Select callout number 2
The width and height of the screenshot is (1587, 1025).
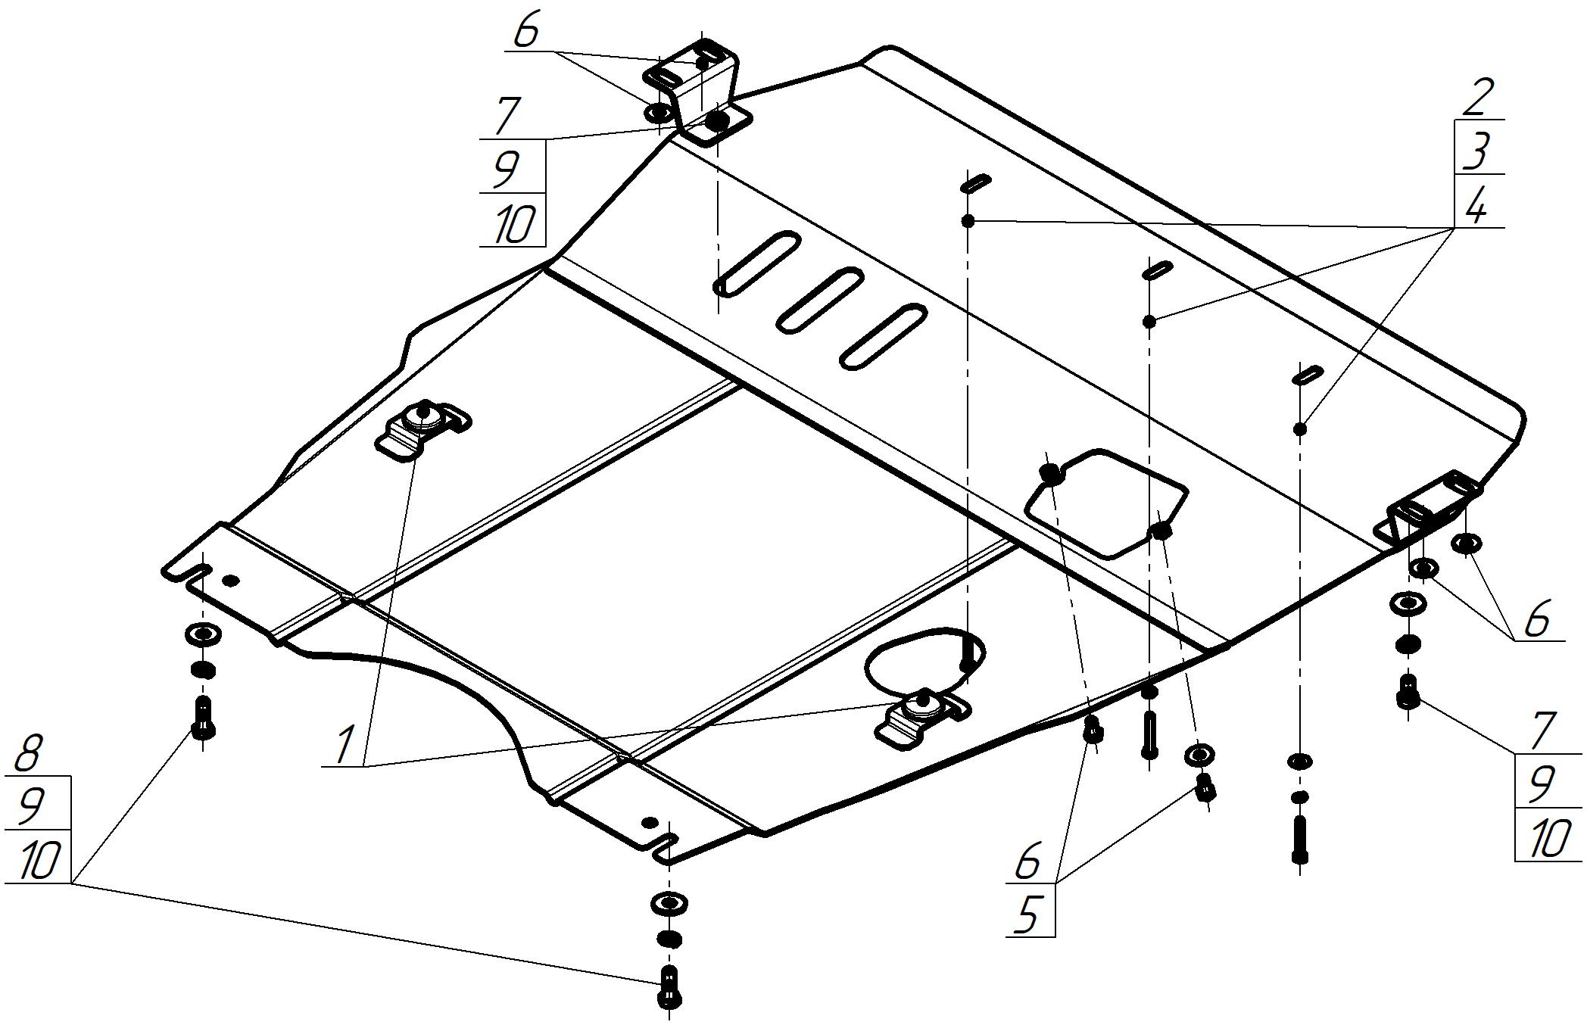(1477, 97)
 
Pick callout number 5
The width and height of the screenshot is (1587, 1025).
(1027, 916)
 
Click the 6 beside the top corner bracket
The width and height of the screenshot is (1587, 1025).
(527, 32)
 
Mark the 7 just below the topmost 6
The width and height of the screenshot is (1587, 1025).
(507, 115)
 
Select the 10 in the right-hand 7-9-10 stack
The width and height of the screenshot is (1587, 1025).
(1549, 839)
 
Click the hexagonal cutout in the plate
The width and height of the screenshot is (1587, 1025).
(1105, 503)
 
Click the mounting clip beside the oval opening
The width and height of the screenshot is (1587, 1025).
(922, 718)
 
